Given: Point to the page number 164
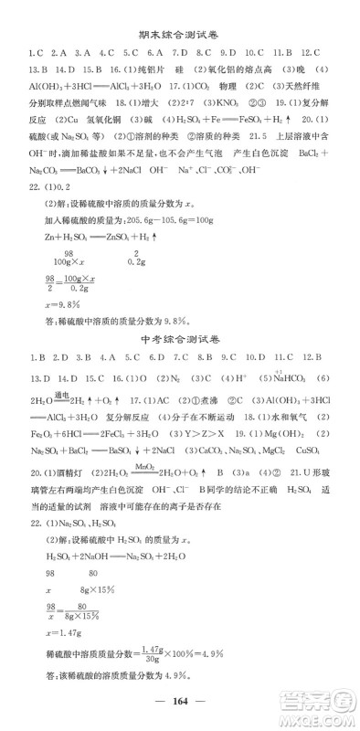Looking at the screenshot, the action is pyautogui.click(x=179, y=711).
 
